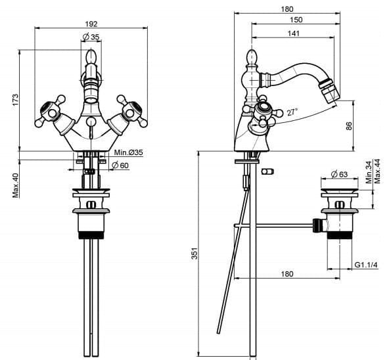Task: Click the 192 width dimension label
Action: [91, 24]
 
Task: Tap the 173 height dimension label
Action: [16, 100]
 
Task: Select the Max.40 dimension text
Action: [16, 186]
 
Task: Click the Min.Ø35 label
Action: [129, 152]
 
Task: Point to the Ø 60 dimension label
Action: [120, 165]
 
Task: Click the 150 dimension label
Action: [296, 20]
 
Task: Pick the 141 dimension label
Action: [294, 33]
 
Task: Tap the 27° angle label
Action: [292, 112]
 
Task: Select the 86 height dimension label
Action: [349, 125]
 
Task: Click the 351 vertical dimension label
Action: [195, 254]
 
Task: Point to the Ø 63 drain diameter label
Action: [339, 174]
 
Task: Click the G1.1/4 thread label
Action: [366, 265]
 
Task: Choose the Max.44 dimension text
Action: [377, 171]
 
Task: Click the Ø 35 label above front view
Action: [91, 37]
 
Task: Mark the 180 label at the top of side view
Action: [287, 9]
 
